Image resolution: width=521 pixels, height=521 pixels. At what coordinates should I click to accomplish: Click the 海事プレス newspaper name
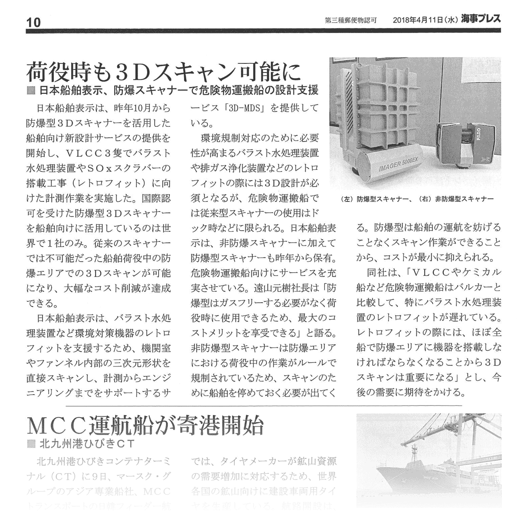[x=481, y=19]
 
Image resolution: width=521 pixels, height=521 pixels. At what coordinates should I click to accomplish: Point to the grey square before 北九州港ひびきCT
[x=30, y=444]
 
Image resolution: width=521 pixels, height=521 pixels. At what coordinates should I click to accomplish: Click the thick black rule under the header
[x=260, y=30]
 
